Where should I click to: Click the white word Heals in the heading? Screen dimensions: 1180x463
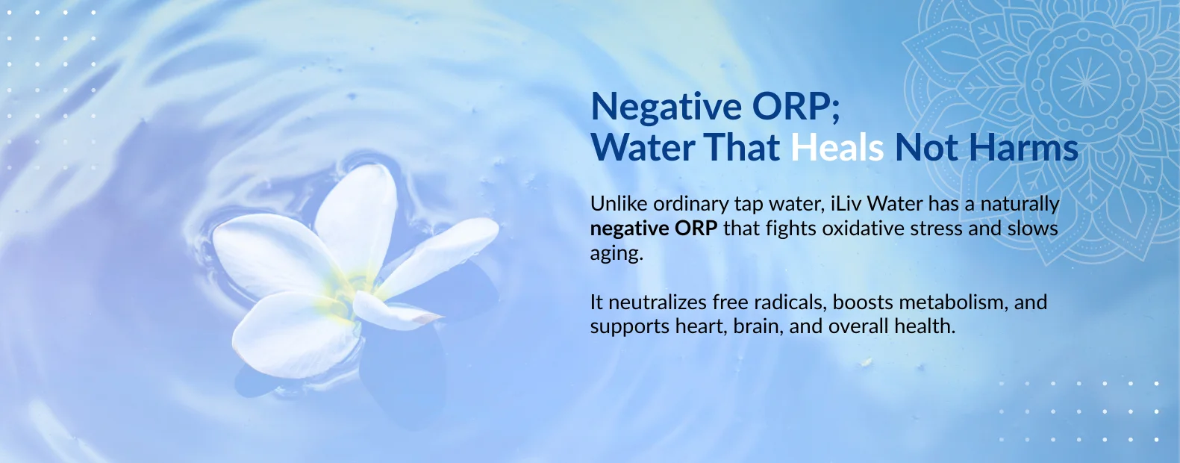[837, 147]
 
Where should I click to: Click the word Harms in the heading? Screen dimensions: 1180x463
[1023, 147]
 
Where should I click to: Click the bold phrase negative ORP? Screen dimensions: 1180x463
[654, 229]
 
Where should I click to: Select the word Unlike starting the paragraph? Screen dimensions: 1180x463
[618, 204]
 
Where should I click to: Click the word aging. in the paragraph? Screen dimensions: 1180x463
[616, 254]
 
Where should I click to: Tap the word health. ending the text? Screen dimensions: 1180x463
[925, 326]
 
